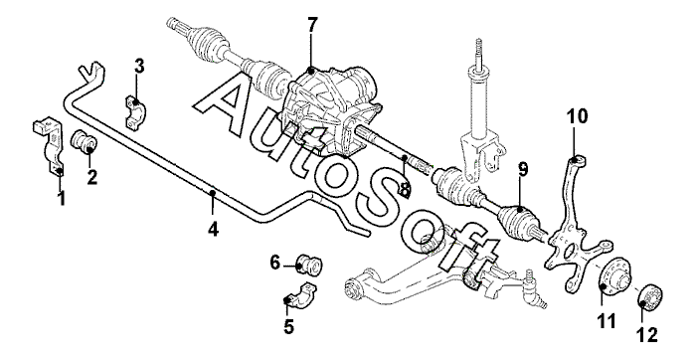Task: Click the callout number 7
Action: click(x=312, y=25)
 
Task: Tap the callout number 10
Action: click(x=577, y=116)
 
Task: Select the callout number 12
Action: click(x=647, y=335)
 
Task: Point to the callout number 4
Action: click(x=214, y=229)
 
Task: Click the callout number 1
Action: click(x=62, y=198)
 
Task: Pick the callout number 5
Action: click(x=288, y=327)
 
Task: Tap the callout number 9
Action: click(x=523, y=169)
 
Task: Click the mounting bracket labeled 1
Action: click(x=50, y=146)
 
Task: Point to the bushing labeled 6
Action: click(x=309, y=265)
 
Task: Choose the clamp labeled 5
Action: click(x=301, y=295)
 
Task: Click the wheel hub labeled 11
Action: click(x=613, y=280)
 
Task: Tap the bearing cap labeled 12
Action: click(x=650, y=298)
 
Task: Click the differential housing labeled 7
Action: click(x=330, y=110)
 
